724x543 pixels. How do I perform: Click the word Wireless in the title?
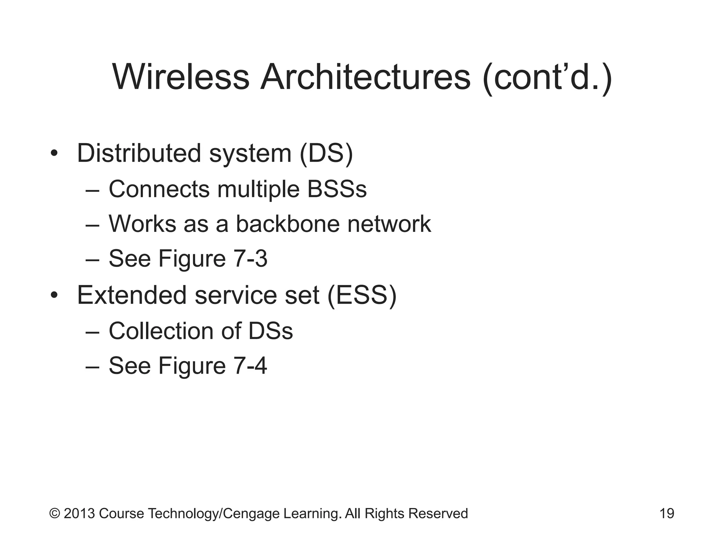[x=181, y=77]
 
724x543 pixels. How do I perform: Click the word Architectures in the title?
[x=365, y=77]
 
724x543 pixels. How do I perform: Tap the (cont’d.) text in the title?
[x=547, y=77]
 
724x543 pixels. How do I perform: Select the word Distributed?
[x=139, y=153]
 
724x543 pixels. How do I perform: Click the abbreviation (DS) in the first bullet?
[x=326, y=153]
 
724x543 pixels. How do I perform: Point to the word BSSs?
[x=337, y=189]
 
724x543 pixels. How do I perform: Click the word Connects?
[x=159, y=189]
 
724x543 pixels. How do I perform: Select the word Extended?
[x=132, y=295]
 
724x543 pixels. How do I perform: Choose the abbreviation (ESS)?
[x=362, y=295]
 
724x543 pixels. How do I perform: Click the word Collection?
[x=161, y=331]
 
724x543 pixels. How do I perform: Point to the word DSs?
[x=270, y=331]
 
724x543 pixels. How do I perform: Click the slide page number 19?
[x=667, y=513]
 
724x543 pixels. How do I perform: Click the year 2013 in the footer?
[x=79, y=513]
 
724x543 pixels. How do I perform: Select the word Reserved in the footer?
[x=438, y=513]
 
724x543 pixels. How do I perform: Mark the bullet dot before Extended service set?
[x=54, y=295]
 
